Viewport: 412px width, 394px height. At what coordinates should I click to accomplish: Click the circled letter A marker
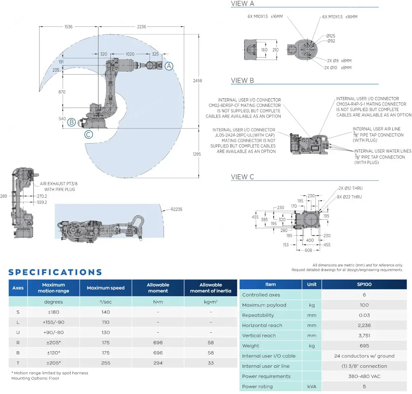click(169, 66)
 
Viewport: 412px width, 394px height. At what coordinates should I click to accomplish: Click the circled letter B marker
click(71, 122)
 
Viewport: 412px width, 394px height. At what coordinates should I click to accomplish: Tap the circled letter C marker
click(89, 134)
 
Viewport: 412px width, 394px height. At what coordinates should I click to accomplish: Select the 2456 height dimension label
click(198, 81)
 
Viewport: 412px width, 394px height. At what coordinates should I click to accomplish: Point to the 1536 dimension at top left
click(68, 27)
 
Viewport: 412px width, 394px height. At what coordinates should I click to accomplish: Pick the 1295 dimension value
click(197, 154)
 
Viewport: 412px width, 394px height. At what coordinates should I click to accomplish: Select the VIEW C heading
click(242, 177)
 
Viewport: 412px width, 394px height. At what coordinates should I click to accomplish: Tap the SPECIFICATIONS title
click(55, 272)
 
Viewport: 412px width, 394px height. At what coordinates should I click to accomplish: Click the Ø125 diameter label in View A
click(331, 36)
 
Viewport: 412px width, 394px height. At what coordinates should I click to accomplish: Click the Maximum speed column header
click(105, 288)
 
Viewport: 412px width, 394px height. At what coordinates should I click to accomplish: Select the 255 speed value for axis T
click(105, 363)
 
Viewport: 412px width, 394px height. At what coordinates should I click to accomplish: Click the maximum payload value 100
click(364, 305)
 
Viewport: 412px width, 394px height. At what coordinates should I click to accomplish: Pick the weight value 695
click(364, 345)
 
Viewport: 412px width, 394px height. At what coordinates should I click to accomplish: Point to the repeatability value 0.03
click(364, 315)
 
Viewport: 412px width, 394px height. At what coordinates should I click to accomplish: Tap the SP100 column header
click(364, 284)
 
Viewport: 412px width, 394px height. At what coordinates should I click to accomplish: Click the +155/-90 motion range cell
click(54, 322)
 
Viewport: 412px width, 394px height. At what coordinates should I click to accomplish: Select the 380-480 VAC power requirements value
click(364, 376)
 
